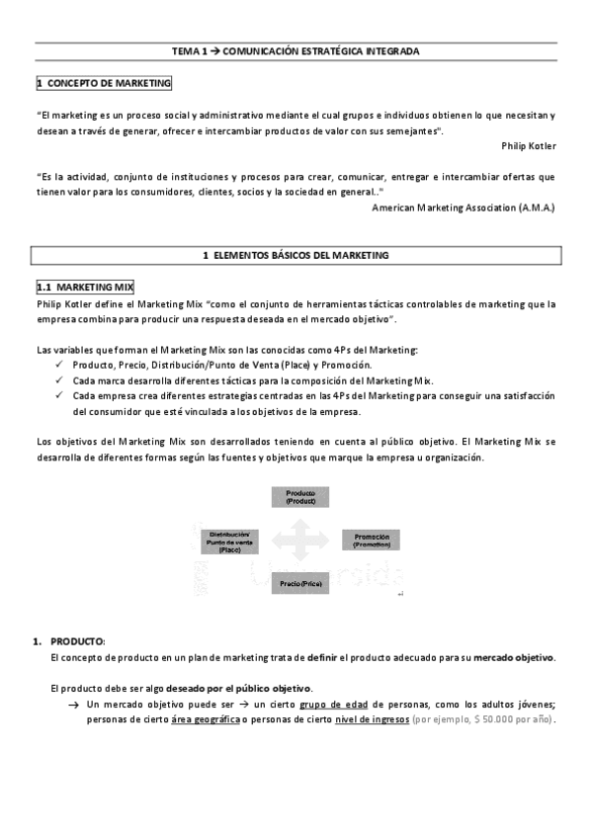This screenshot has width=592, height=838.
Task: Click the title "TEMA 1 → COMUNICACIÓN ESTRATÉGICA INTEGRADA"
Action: [296, 49]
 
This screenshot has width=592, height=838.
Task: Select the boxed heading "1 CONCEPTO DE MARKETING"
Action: [104, 84]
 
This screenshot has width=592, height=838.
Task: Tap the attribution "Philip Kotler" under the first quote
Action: [528, 145]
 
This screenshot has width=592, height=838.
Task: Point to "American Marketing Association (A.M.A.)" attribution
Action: [464, 208]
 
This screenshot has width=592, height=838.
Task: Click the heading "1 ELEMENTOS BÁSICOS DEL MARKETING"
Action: [296, 256]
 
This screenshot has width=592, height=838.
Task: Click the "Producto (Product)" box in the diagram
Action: [300, 497]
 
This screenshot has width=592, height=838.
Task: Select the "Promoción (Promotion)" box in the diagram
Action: [372, 540]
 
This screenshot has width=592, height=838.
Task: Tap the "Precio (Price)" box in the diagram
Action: [300, 584]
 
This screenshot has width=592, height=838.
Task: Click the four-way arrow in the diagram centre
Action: [300, 541]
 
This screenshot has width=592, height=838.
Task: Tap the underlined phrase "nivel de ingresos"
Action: [369, 719]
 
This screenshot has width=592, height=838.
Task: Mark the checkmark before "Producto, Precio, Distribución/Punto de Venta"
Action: [61, 365]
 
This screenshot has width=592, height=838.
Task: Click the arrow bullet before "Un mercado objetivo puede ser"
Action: [74, 705]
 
